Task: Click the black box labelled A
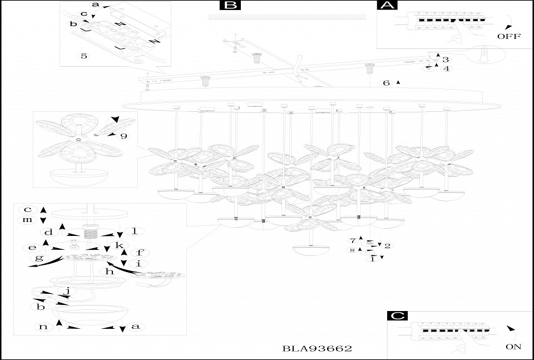click(x=387, y=6)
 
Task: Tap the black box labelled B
click(x=230, y=6)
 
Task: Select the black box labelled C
click(x=397, y=315)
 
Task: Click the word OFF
click(x=508, y=37)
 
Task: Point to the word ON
click(x=513, y=346)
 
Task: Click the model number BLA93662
click(x=317, y=349)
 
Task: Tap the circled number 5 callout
click(x=84, y=56)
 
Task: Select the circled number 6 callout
click(x=387, y=83)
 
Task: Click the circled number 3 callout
click(x=446, y=60)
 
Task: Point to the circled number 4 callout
click(x=446, y=68)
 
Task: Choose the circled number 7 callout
click(x=352, y=240)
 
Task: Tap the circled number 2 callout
click(x=388, y=245)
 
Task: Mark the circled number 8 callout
click(x=352, y=251)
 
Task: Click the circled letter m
click(x=27, y=220)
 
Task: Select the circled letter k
click(x=118, y=245)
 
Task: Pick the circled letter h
click(x=109, y=272)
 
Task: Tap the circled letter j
click(x=67, y=290)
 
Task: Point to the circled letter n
click(x=43, y=327)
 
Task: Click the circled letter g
click(x=39, y=258)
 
